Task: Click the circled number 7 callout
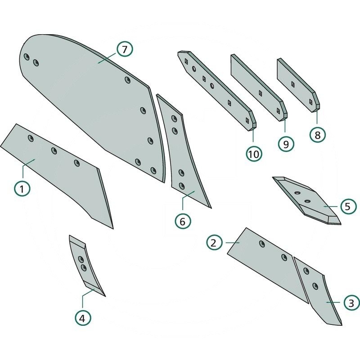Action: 125,49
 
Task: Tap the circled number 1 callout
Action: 22,188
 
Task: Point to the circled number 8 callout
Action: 318,135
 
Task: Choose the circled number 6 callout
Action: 183,221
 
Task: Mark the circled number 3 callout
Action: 351,302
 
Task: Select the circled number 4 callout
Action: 82,318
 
